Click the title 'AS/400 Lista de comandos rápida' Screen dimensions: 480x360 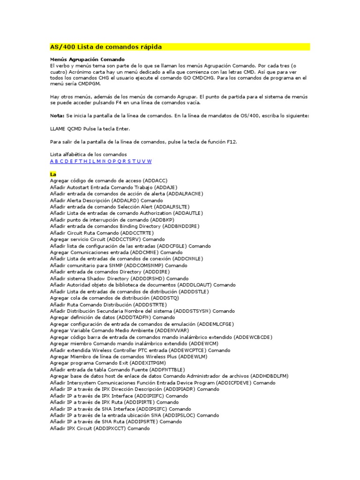(x=106, y=47)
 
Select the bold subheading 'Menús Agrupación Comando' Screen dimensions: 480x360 (x=87, y=60)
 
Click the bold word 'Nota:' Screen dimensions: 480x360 (x=57, y=115)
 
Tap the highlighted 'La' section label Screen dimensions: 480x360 (x=53, y=174)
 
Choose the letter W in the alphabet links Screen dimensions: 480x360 (x=150, y=161)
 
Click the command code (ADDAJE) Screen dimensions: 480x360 (x=169, y=187)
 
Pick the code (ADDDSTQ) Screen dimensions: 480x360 (x=165, y=298)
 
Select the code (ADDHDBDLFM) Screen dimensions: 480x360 (x=270, y=376)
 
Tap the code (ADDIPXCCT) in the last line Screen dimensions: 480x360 (x=110, y=428)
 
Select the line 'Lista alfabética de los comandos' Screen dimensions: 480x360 (x=88, y=155)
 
